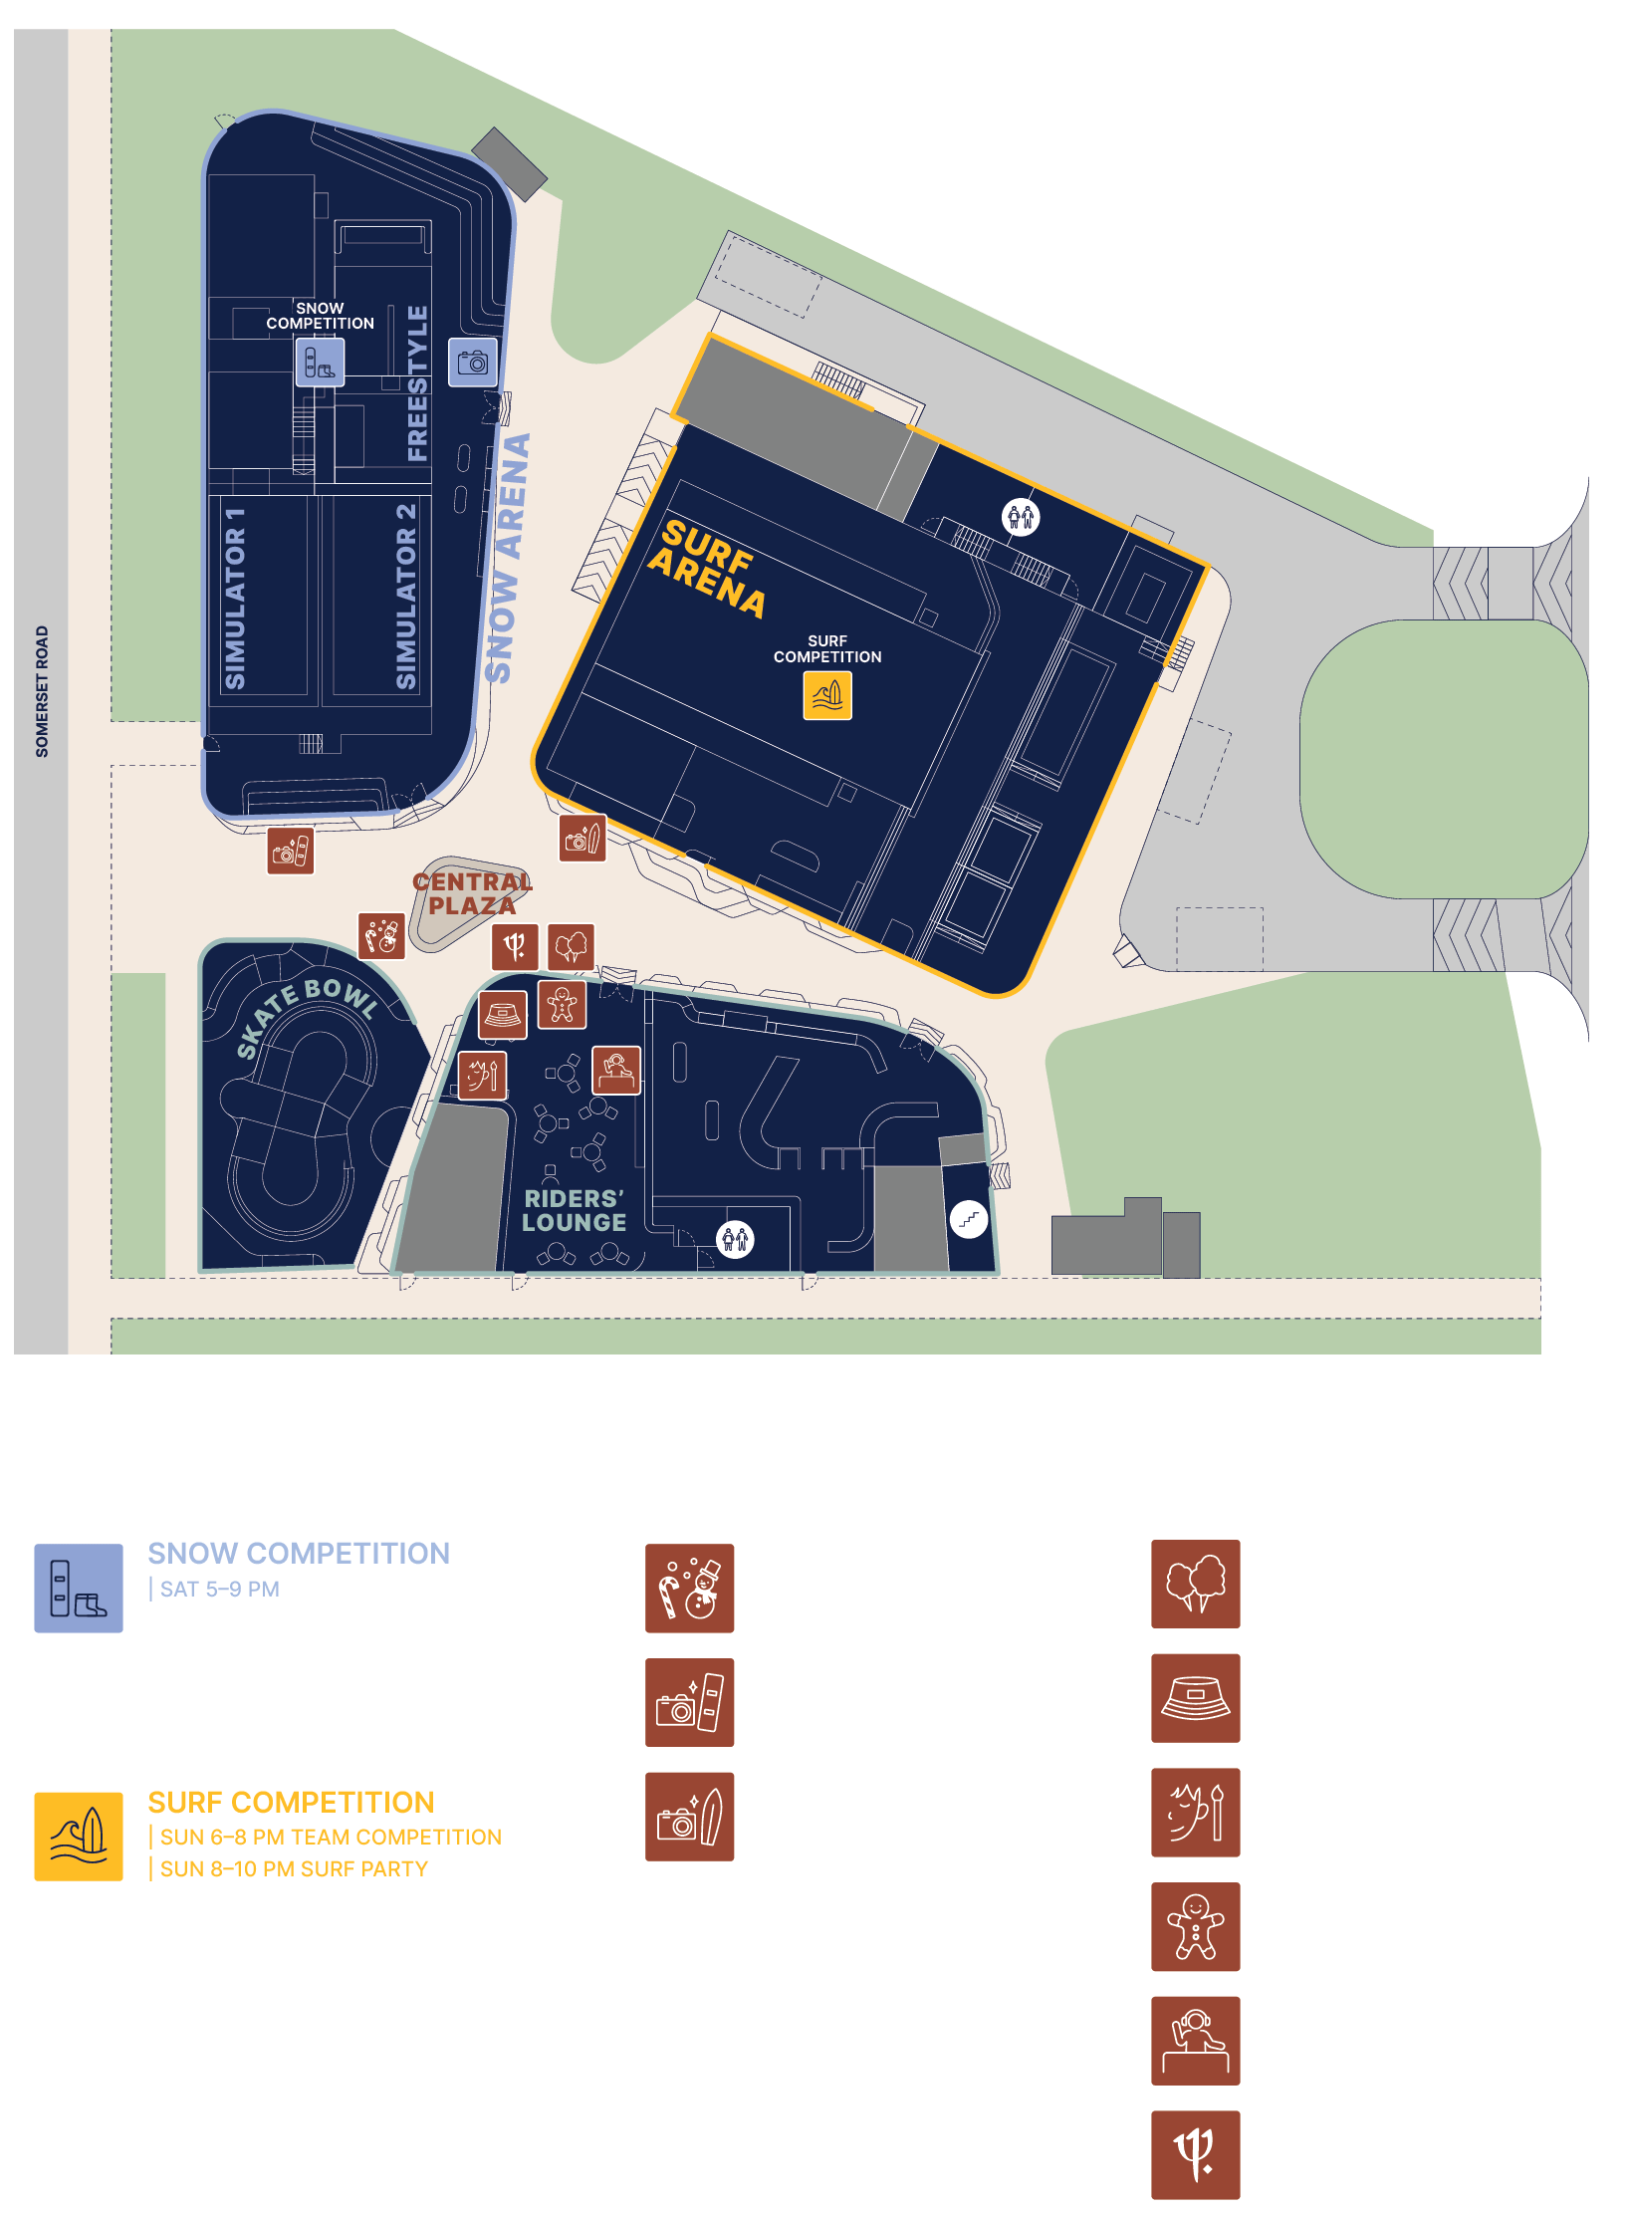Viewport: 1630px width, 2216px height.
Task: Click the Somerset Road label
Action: [x=42, y=691]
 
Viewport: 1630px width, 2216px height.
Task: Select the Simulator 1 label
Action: [x=235, y=598]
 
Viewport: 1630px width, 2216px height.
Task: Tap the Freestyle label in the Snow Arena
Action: [x=418, y=383]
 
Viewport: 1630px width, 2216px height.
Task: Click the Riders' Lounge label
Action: [x=575, y=1210]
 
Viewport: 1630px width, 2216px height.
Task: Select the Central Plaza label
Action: [x=472, y=893]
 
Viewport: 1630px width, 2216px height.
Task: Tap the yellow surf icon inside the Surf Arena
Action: [x=827, y=695]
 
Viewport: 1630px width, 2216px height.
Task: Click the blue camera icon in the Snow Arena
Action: [x=473, y=362]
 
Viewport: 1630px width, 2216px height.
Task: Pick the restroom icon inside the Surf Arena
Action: [x=1021, y=517]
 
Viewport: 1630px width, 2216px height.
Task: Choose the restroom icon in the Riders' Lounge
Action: [x=736, y=1239]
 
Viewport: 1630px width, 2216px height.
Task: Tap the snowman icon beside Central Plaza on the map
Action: [x=381, y=936]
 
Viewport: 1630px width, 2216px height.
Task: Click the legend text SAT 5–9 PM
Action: [x=220, y=1590]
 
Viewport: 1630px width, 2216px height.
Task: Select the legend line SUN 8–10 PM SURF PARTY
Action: [x=294, y=1869]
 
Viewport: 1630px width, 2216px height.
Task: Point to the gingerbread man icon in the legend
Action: [x=1195, y=1926]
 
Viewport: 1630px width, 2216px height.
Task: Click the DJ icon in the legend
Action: [x=1195, y=2041]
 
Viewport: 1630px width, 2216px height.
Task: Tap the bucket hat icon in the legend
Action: [x=1195, y=1698]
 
